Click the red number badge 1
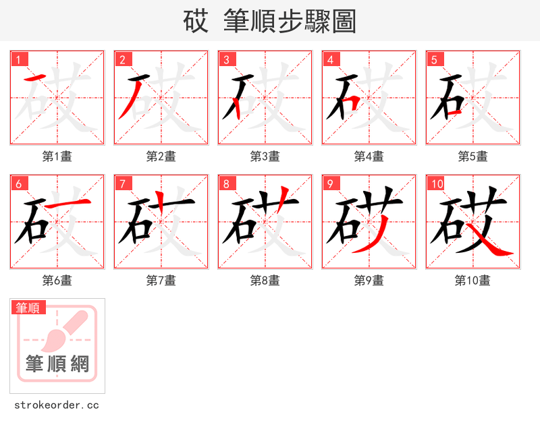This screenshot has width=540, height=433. pos(19,59)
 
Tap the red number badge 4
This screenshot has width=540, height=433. pos(331,59)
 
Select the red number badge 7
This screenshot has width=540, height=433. pos(123,183)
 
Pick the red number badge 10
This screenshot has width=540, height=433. pos(437,183)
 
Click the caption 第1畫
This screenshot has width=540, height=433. pos(57,156)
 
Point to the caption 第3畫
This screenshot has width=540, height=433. pos(265,156)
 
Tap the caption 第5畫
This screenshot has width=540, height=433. pos(473,156)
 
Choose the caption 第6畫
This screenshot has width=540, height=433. pos(57,281)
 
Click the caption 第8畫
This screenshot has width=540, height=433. pos(265,281)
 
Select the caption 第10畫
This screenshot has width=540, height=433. pos(473,281)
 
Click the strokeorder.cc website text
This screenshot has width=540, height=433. pos(57,405)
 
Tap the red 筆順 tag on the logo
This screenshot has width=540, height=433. pos(28,308)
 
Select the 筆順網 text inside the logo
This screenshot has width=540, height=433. pos(57,364)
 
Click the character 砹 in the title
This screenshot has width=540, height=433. pos(196,22)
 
